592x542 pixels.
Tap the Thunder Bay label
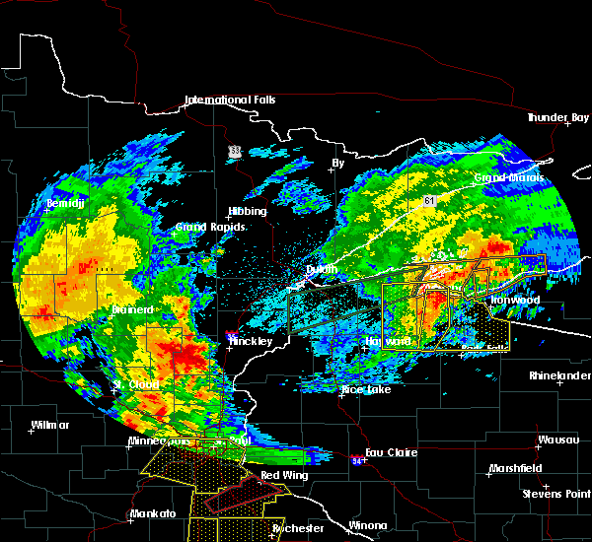(x=557, y=118)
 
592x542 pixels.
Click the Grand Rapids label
(x=210, y=227)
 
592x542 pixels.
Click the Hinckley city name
(x=256, y=341)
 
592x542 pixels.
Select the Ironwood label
(x=515, y=300)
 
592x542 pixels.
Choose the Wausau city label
(x=551, y=440)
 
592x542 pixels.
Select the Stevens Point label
(x=556, y=493)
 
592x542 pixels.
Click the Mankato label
(x=153, y=514)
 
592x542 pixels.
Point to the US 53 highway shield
(x=234, y=151)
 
